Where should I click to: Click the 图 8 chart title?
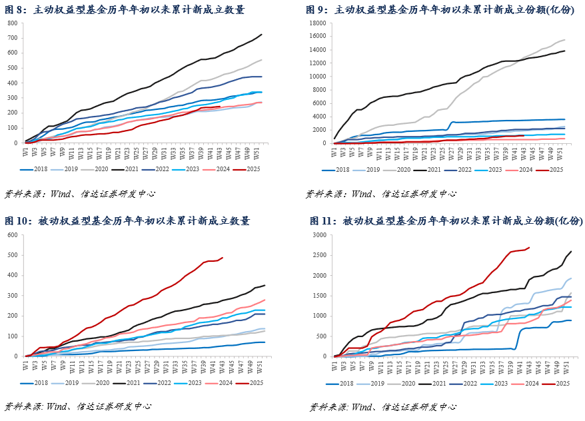tap(125, 10)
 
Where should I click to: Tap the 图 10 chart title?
tap(127, 221)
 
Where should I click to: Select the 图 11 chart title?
tap(446, 221)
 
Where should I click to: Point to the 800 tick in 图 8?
tap(13, 23)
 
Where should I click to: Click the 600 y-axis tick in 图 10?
tap(13, 235)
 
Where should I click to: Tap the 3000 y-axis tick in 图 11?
tap(318, 235)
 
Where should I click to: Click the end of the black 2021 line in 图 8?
tap(261, 35)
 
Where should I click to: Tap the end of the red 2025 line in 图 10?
tap(223, 258)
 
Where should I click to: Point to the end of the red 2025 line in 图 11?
tap(529, 248)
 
